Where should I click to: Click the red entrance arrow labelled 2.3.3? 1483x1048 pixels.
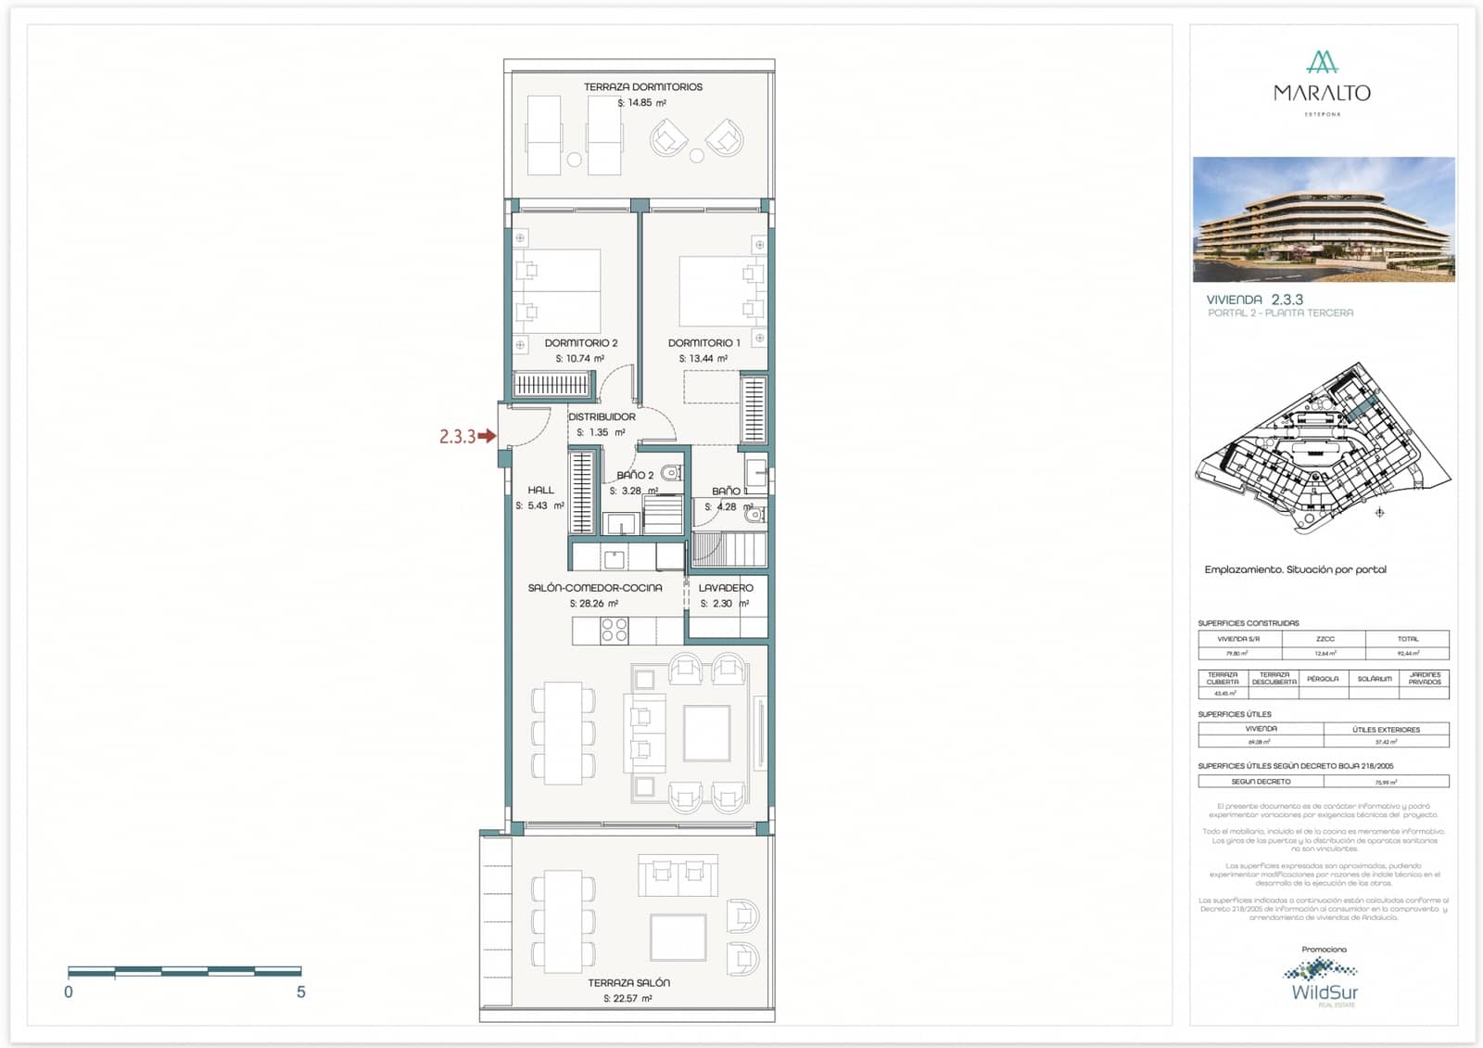(x=487, y=436)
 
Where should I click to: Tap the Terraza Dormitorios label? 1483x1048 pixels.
(x=642, y=87)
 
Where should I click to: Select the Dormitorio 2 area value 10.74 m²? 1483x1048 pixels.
(x=580, y=359)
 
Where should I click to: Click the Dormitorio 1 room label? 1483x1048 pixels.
(x=703, y=343)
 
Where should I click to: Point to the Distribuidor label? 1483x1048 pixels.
(x=602, y=417)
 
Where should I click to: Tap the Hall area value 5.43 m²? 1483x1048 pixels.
(x=539, y=506)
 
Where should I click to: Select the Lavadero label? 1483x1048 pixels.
(x=726, y=588)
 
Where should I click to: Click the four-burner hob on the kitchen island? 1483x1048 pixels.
(x=615, y=631)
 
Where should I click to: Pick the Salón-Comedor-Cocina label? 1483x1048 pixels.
(x=595, y=588)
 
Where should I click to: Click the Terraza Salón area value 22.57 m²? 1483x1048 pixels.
(x=627, y=999)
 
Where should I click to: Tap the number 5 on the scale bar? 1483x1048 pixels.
(x=301, y=992)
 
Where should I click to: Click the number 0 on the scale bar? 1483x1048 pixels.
(x=69, y=992)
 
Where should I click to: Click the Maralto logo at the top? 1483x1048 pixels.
(x=1322, y=83)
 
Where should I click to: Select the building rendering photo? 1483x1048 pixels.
(x=1324, y=219)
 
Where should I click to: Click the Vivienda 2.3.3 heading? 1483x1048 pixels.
(x=1255, y=300)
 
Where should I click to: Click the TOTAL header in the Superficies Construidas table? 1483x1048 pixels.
(x=1407, y=639)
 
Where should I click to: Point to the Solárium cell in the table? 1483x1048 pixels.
(x=1374, y=679)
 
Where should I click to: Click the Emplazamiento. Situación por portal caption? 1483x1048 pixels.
(x=1295, y=569)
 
